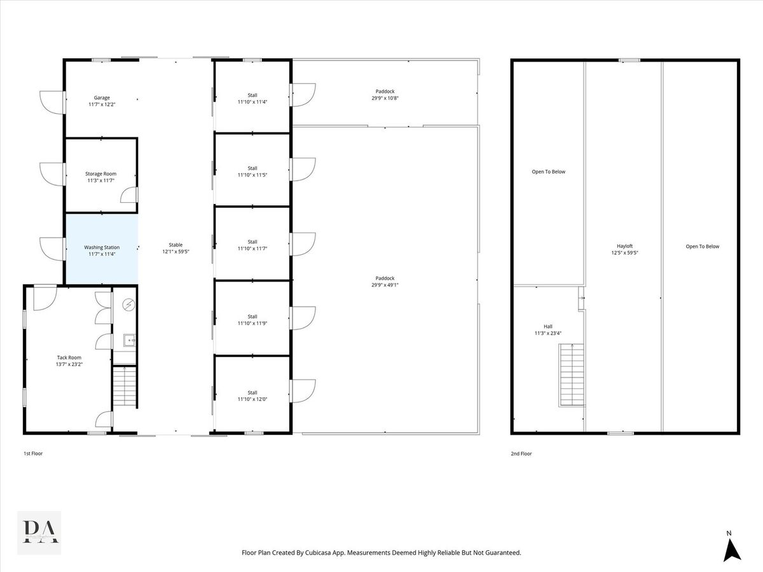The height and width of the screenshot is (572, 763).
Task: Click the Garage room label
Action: pyautogui.click(x=102, y=98)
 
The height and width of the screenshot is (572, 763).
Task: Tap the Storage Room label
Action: pyautogui.click(x=101, y=174)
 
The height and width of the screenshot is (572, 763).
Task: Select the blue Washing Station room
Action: pyautogui.click(x=102, y=249)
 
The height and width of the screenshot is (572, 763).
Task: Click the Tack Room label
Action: pyautogui.click(x=69, y=357)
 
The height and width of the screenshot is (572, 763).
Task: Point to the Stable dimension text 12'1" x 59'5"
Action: pyautogui.click(x=176, y=252)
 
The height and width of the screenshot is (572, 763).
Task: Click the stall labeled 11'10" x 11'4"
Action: pyautogui.click(x=252, y=99)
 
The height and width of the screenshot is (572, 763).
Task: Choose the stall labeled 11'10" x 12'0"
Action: pyautogui.click(x=252, y=395)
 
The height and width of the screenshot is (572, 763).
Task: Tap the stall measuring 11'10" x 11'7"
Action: pyautogui.click(x=252, y=245)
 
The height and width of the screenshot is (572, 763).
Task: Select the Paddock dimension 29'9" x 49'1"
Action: pyautogui.click(x=385, y=285)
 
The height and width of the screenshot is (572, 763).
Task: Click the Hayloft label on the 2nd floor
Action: pyautogui.click(x=624, y=246)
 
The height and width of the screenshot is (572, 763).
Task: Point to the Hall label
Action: pyautogui.click(x=548, y=327)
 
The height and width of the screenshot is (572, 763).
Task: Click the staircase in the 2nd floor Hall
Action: pyautogui.click(x=572, y=375)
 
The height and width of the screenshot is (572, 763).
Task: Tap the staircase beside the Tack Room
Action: pyautogui.click(x=125, y=386)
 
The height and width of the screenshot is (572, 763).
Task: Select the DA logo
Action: pyautogui.click(x=39, y=532)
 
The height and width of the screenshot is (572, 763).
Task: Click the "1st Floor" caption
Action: pyautogui.click(x=33, y=453)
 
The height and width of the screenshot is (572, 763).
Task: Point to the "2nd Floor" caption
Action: pyautogui.click(x=521, y=454)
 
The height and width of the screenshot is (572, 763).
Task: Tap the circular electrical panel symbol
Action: pyautogui.click(x=129, y=305)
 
